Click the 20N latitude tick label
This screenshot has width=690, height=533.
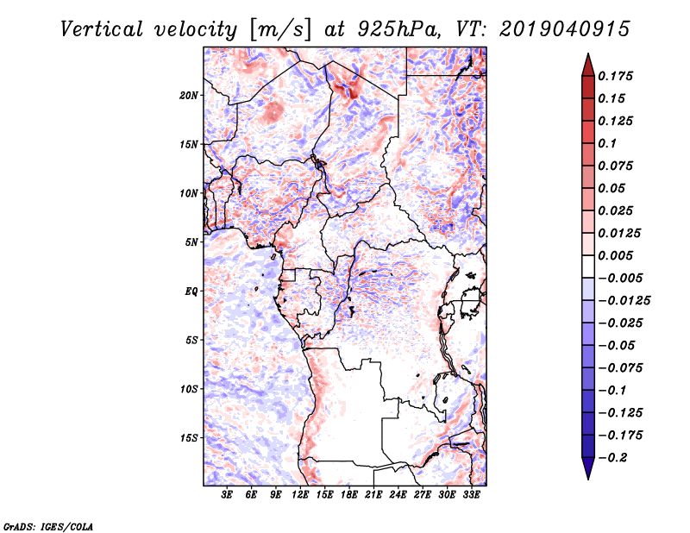(189, 96)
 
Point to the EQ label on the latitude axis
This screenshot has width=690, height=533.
(191, 292)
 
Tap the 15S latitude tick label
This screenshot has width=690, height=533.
(189, 438)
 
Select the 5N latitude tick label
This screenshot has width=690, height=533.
(191, 242)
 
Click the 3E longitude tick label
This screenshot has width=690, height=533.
(227, 495)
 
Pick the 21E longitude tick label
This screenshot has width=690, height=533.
(373, 495)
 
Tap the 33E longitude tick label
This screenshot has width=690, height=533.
(471, 495)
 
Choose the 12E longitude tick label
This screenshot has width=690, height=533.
(299, 495)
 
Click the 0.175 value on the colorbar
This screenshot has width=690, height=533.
(615, 76)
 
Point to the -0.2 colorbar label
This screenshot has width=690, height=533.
(612, 458)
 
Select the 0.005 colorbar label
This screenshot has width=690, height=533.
(615, 255)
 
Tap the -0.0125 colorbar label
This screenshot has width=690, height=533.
(624, 301)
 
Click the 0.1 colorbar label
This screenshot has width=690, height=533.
(607, 143)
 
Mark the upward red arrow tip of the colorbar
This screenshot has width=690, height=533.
(588, 53)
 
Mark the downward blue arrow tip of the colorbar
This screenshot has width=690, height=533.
(588, 479)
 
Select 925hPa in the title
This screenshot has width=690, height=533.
(398, 29)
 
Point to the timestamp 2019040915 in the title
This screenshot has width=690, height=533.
(565, 29)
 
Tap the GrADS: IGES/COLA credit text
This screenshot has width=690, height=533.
(48, 526)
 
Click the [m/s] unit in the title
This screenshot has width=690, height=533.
(280, 30)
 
